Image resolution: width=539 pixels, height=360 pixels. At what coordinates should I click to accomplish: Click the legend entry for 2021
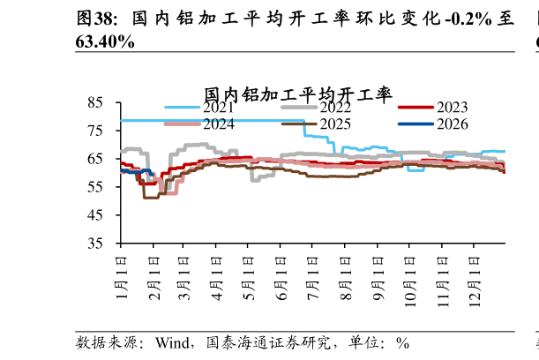click(x=199, y=108)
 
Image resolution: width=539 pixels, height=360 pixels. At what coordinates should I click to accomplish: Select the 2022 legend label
click(x=316, y=108)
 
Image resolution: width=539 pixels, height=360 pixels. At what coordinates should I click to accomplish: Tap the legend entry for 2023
click(x=433, y=108)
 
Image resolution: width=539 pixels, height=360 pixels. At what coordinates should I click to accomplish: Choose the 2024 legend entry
click(x=199, y=124)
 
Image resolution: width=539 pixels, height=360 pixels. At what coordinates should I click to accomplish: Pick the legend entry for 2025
click(x=316, y=124)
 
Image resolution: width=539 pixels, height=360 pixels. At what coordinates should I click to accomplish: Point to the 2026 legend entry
click(x=433, y=124)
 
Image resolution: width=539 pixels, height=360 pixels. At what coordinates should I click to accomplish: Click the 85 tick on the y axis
click(x=95, y=102)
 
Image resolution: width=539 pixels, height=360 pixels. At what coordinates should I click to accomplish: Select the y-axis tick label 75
click(x=95, y=131)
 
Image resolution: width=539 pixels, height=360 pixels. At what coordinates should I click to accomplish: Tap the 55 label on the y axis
click(x=95, y=187)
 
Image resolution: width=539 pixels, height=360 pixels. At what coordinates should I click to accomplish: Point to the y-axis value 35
click(x=95, y=244)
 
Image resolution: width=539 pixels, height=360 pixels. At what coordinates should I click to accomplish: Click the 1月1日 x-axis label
click(x=122, y=277)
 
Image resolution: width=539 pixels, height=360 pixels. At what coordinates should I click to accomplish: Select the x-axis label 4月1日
click(x=217, y=278)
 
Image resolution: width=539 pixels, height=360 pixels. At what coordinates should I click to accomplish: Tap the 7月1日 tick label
click(x=313, y=278)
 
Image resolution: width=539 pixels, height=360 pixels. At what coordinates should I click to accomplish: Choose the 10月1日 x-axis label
click(x=410, y=281)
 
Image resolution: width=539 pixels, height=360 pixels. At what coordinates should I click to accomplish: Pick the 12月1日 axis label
click(x=475, y=281)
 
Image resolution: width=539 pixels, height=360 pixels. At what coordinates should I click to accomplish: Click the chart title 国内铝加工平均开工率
click(x=298, y=94)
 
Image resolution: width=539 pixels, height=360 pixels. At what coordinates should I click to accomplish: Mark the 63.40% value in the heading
click(x=105, y=42)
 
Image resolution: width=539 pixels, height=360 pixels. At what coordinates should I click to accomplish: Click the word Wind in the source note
click(x=172, y=343)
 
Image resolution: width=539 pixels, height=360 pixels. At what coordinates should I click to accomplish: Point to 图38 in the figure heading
click(x=94, y=19)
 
